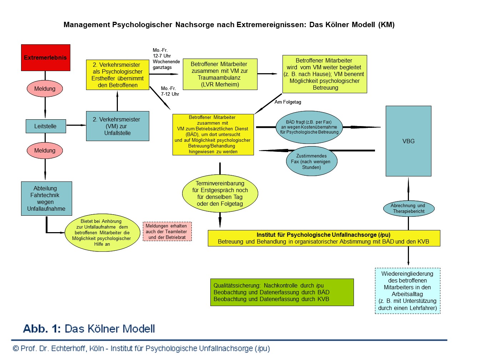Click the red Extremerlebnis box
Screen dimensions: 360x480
pos(46,57)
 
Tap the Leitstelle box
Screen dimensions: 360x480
pos(46,126)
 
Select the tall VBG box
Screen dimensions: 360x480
pos(408,141)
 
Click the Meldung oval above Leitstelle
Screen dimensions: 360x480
pos(45,89)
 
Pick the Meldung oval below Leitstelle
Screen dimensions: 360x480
pos(45,150)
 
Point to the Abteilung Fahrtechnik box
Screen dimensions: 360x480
pos(46,199)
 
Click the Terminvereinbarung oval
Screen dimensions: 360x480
pos(220,194)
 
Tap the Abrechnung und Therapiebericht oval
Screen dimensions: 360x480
pos(409,208)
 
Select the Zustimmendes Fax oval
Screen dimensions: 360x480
pos(311,162)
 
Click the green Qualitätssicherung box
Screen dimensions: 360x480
pos(282,292)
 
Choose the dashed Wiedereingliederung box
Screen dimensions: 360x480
pos(407,291)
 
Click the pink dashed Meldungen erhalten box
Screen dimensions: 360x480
pos(167,231)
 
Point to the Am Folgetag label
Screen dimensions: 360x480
pos(288,102)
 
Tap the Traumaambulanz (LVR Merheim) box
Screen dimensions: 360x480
pos(220,74)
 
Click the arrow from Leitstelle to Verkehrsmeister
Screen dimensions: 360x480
pos(76,125)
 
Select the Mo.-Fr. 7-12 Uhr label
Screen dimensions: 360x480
pos(170,91)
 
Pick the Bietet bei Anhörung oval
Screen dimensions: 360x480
pos(102,233)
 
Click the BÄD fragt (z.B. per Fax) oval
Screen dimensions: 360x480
pos(309,127)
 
